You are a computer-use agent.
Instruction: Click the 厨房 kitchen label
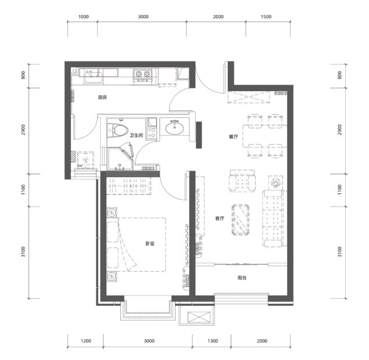(102, 97)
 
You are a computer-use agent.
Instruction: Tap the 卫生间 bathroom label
(137, 135)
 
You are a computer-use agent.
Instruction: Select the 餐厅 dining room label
(233, 136)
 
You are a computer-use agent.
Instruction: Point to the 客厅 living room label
(220, 218)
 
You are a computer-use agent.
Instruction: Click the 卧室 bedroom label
(150, 244)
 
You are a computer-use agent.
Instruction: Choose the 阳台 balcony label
(242, 278)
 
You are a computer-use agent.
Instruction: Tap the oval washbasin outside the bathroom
(174, 128)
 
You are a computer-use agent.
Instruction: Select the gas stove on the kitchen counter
(142, 75)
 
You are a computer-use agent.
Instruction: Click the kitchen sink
(94, 76)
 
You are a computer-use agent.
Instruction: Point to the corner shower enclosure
(120, 158)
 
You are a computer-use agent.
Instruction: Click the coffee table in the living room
(241, 219)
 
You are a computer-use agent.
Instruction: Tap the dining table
(265, 136)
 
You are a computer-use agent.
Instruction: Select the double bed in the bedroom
(137, 244)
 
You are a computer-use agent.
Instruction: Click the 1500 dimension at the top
(266, 17)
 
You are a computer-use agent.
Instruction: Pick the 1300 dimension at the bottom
(213, 341)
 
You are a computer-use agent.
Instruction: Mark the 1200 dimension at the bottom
(85, 341)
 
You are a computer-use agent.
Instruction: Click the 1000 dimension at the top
(83, 17)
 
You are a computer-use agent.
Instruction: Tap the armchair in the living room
(242, 181)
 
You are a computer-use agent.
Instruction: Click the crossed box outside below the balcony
(199, 317)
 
